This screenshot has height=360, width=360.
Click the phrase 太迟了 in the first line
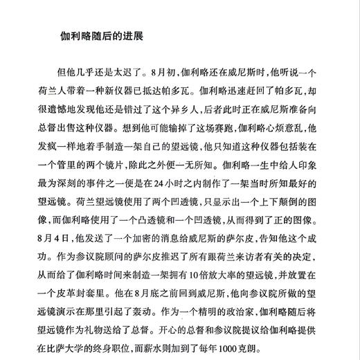pos(127,71)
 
